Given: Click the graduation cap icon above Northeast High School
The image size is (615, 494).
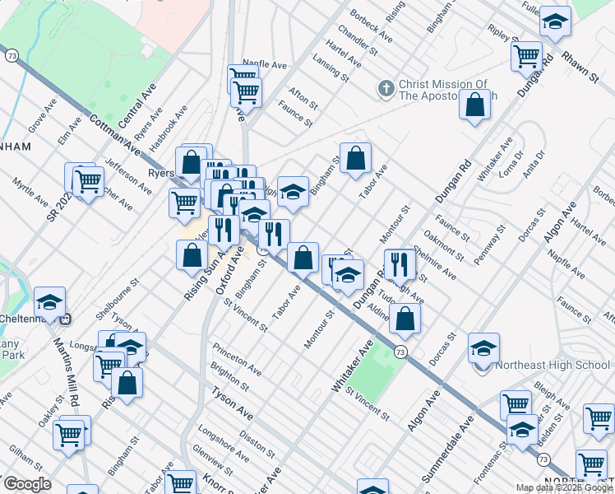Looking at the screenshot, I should (483, 349).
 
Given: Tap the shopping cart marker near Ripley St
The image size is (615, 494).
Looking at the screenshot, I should (526, 56).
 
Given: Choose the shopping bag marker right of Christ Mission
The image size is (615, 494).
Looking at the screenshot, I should (474, 105).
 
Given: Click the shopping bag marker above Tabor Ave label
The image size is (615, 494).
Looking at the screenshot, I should (355, 157).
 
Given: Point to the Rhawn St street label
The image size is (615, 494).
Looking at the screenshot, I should (580, 66).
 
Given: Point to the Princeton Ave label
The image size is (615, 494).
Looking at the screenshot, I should (237, 359).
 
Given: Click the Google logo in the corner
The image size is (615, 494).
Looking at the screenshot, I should (27, 484).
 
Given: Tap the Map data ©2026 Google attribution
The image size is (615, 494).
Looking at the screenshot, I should (564, 487).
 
